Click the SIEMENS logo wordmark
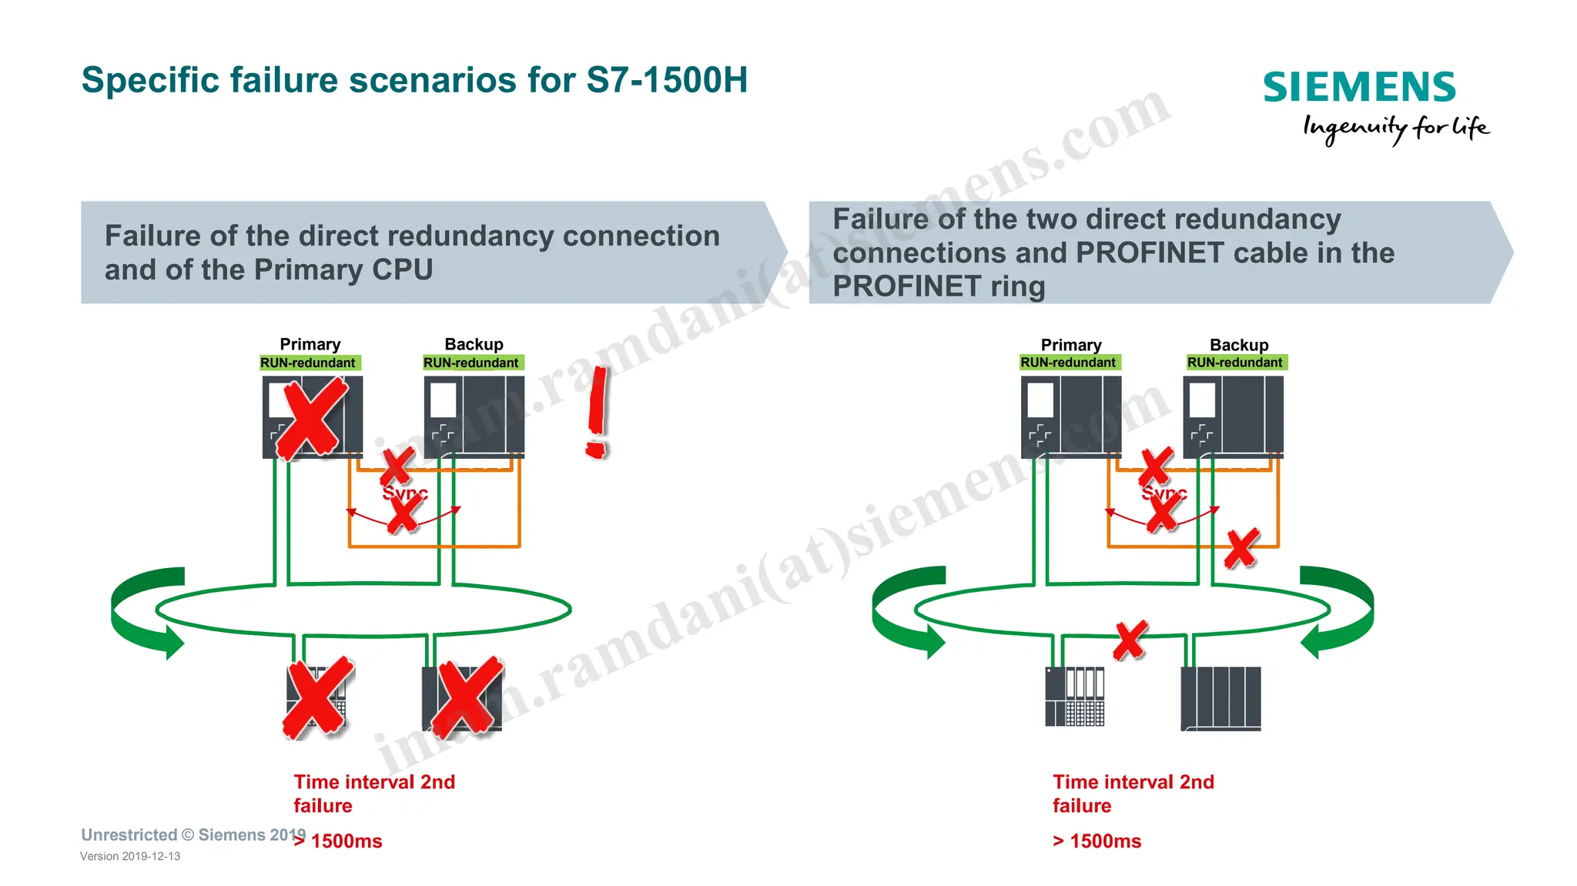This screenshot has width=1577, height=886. click(1359, 87)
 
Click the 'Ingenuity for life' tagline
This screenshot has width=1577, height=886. click(1395, 128)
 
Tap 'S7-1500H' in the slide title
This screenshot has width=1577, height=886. click(666, 80)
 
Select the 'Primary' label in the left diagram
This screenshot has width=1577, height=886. click(310, 344)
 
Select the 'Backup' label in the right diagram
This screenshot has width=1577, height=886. click(1238, 345)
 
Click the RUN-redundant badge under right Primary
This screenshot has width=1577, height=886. click(1069, 363)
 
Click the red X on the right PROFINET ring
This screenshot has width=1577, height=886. click(1130, 640)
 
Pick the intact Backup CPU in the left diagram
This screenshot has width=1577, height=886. click(474, 416)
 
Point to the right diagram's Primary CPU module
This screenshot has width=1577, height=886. click(1071, 416)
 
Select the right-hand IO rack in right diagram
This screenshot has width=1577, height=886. click(1220, 698)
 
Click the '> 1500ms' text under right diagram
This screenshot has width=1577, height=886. click(1097, 841)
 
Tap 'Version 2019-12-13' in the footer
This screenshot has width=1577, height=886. click(130, 857)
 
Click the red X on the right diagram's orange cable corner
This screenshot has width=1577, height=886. click(1241, 548)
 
